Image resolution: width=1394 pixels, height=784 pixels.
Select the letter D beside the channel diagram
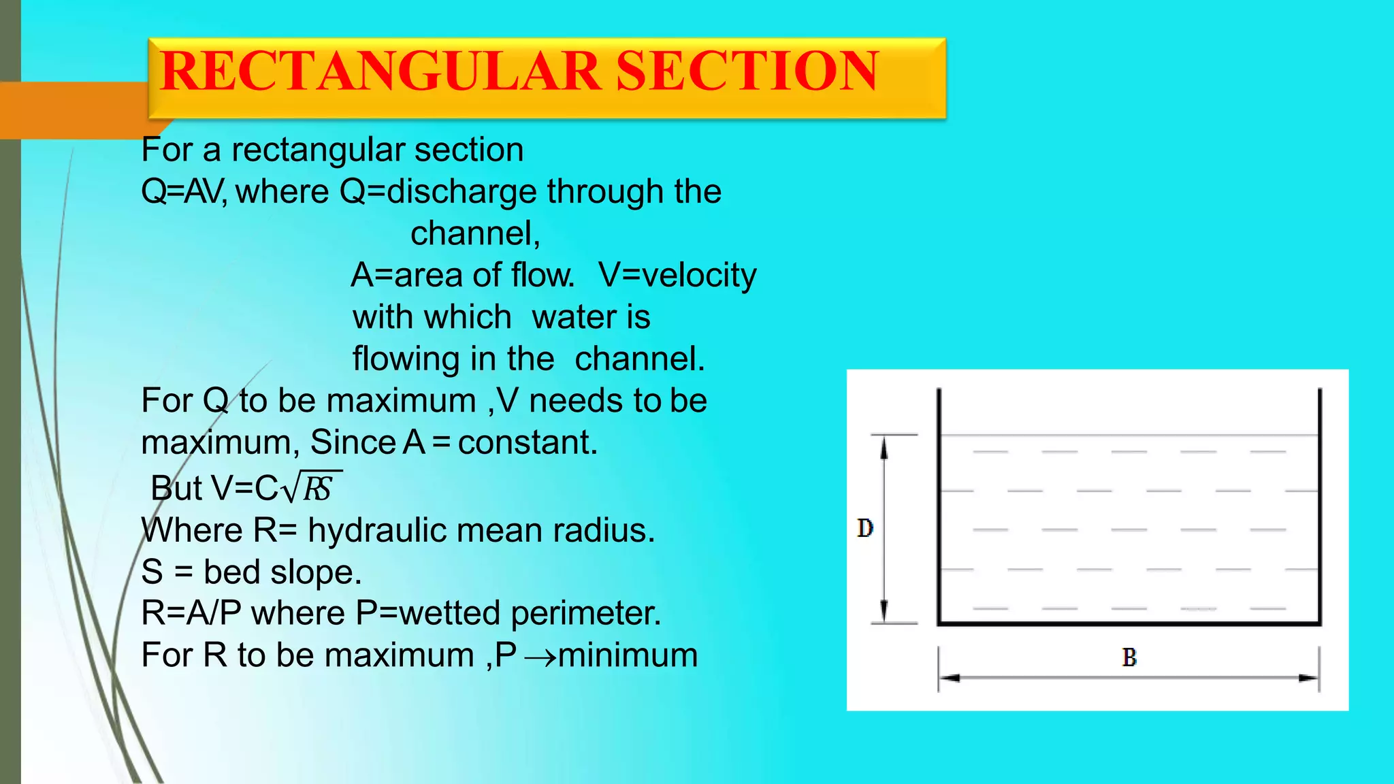click(864, 528)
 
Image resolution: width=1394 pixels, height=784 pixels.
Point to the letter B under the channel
click(1129, 657)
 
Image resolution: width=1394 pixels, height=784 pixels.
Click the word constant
click(528, 442)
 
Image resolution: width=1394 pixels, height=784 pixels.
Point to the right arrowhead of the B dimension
click(1309, 678)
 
